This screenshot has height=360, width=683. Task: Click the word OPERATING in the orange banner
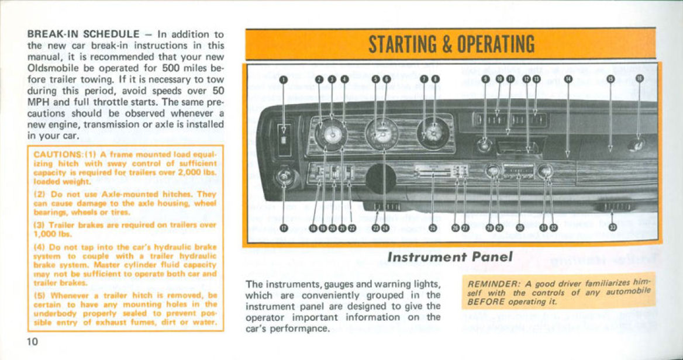[495, 44]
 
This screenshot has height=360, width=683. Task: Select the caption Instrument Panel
[450, 257]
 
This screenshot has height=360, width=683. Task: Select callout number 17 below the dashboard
[284, 228]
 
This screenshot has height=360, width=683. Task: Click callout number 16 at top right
[639, 79]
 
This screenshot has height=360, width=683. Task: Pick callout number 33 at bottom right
[612, 228]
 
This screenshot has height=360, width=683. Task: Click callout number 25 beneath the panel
[432, 228]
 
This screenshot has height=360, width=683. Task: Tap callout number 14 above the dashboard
[567, 79]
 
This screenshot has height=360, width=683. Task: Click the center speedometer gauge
[382, 134]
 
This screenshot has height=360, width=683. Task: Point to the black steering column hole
[381, 179]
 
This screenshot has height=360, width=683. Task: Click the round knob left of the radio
[492, 171]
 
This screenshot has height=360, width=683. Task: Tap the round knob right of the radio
[545, 171]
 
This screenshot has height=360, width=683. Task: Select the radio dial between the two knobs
[518, 171]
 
